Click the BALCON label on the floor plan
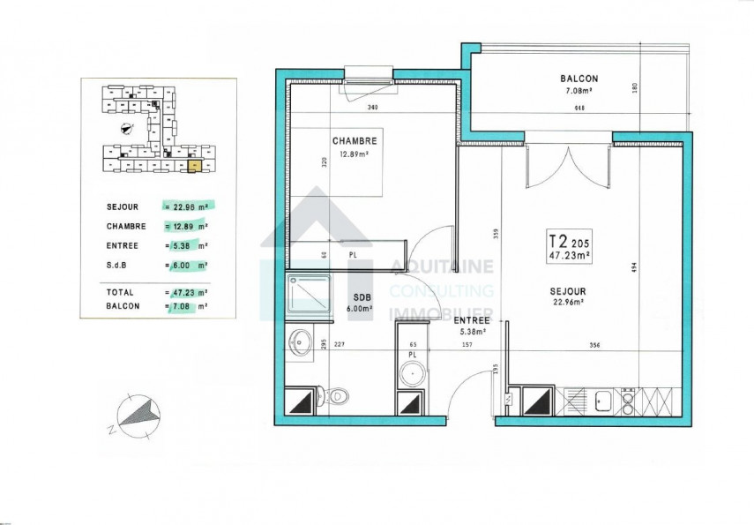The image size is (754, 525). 579,78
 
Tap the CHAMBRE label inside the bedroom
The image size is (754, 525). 355,141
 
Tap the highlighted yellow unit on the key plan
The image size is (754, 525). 195,163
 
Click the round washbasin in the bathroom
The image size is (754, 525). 301,342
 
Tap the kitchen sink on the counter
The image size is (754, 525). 602,401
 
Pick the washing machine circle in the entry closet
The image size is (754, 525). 412,374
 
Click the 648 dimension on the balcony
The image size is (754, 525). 579,109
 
